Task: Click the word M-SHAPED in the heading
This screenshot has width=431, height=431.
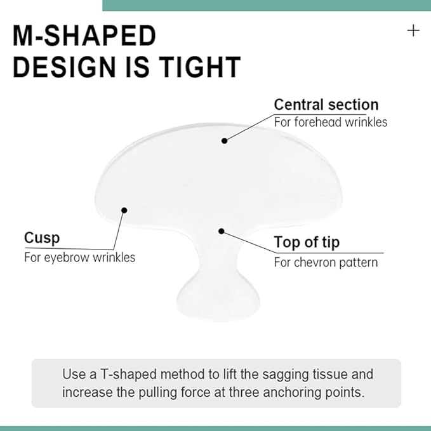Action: click(84, 36)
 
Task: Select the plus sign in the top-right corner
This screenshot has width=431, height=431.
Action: click(413, 30)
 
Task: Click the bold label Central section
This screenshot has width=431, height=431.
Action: click(326, 105)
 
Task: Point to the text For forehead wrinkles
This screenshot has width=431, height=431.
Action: click(330, 121)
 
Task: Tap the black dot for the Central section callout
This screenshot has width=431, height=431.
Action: click(224, 140)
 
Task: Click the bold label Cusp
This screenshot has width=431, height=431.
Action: click(42, 238)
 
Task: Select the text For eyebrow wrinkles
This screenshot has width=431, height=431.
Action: click(79, 258)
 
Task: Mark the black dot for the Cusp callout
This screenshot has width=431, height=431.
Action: click(124, 210)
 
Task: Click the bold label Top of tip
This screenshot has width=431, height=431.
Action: click(307, 242)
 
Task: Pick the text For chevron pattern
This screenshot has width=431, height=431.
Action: click(326, 262)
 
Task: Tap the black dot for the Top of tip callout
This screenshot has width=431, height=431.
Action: click(221, 231)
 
